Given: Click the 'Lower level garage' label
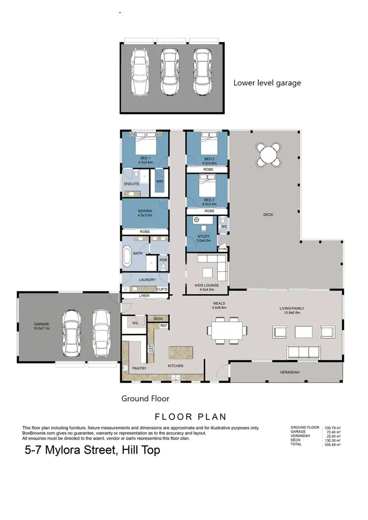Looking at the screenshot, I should (x=267, y=83).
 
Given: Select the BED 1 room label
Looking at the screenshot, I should (x=145, y=159).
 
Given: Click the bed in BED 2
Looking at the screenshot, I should (x=207, y=144).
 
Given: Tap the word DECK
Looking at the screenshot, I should (x=268, y=214).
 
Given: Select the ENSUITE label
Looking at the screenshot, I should (x=132, y=184).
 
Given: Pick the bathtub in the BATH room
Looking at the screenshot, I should (x=127, y=257).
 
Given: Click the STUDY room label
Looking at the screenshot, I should (x=203, y=238).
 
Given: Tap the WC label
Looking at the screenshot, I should (x=223, y=227).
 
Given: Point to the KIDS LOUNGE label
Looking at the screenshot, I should (x=206, y=287).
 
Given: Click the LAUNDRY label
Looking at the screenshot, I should (x=147, y=280).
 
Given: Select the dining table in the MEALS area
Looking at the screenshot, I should (x=226, y=329).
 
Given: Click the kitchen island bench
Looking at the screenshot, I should (x=181, y=353).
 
